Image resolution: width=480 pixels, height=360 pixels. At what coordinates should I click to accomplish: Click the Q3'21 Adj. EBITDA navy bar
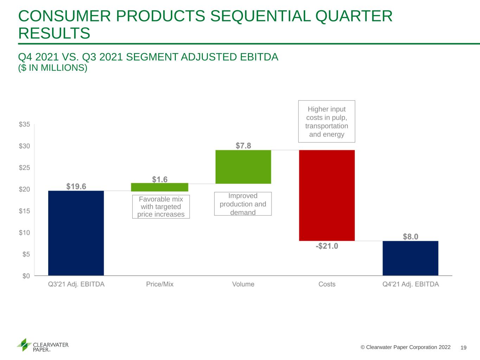(x=76, y=233)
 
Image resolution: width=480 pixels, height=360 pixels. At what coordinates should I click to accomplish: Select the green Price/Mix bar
(x=160, y=187)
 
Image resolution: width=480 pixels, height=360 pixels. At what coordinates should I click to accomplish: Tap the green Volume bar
(x=243, y=167)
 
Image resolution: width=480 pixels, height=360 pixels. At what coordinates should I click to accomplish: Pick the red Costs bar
(x=327, y=195)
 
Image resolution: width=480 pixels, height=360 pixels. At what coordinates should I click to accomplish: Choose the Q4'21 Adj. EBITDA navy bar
(x=410, y=258)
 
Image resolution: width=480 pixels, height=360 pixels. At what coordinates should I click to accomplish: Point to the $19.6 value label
(x=76, y=186)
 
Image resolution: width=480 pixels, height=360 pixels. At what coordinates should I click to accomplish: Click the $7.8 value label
(x=243, y=146)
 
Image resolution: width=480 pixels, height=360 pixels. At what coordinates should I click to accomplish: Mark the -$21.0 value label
(x=327, y=246)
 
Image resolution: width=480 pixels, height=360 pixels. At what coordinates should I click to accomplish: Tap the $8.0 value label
(x=410, y=237)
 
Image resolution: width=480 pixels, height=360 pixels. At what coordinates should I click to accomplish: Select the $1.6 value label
(x=160, y=179)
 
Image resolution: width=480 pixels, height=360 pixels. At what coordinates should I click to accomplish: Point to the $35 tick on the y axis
(x=24, y=124)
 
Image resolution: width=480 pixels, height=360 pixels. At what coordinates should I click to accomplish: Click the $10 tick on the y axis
(x=24, y=233)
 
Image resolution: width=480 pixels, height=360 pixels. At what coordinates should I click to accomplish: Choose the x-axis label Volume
(x=243, y=284)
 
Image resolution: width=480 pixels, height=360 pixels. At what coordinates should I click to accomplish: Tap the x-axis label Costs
(x=327, y=284)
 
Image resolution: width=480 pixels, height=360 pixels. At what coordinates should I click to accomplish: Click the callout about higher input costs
(x=327, y=122)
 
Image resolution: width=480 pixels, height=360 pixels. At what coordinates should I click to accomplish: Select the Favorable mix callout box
(x=161, y=207)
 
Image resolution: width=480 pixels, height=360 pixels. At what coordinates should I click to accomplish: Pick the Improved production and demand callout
(x=243, y=204)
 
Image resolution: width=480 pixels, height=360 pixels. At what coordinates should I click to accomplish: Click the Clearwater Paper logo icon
(x=24, y=345)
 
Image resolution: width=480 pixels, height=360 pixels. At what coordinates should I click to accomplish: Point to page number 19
(x=463, y=348)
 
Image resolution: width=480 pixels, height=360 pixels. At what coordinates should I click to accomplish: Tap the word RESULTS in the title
(x=54, y=33)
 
